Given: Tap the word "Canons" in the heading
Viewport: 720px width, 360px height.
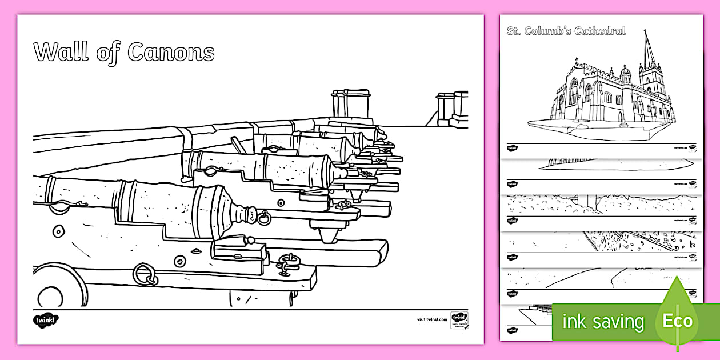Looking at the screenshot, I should (x=171, y=52).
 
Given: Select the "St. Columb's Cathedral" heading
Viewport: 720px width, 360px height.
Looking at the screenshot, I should (x=566, y=31).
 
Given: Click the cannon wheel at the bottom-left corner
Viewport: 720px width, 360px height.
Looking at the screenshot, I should (x=57, y=289).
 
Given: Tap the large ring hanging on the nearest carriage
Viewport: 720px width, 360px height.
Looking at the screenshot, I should (x=145, y=274).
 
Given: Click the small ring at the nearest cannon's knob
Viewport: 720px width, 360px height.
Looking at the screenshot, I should (x=264, y=217).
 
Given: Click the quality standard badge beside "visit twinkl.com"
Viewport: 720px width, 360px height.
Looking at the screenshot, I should (x=459, y=319).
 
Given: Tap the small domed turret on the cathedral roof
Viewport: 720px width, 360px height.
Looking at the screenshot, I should (x=625, y=74).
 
